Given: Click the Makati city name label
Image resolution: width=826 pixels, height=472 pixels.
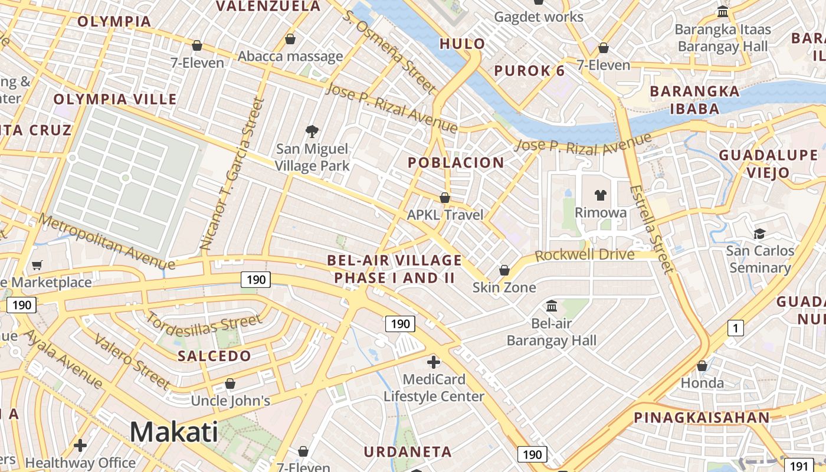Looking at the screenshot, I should point(173,432).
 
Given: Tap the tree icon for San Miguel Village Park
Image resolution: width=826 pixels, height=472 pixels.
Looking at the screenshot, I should point(312,132).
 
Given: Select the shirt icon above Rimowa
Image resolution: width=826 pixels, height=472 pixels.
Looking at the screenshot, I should point(601,195).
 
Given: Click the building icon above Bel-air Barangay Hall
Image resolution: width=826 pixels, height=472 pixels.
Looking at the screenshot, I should point(552,306).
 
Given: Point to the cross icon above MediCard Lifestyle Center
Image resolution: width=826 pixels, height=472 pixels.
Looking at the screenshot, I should point(434,362).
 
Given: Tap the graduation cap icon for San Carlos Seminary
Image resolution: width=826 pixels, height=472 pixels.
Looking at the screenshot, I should point(759,234).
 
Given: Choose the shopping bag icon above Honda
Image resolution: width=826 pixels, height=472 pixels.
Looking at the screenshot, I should point(702,366).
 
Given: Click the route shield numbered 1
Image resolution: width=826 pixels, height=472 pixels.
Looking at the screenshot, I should point(735,328).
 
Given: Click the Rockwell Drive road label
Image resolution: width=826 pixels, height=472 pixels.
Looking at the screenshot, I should point(584,255).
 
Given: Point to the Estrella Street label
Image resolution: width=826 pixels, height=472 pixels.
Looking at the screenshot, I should point(651,230).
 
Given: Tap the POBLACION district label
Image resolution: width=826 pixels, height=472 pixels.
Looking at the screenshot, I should point(456,162).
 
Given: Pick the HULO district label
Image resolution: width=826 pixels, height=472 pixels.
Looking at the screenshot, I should point(462,44).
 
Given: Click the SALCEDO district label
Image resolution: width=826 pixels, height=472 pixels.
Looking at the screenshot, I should point(214,356).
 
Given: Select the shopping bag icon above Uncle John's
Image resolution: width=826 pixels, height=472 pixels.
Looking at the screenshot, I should point(230,383).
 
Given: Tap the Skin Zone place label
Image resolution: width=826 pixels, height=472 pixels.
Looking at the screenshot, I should point(504,287).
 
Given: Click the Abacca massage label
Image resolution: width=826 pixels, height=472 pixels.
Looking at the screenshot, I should point(290,57).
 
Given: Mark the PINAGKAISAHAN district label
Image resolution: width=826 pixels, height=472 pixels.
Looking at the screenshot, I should point(702,418).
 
